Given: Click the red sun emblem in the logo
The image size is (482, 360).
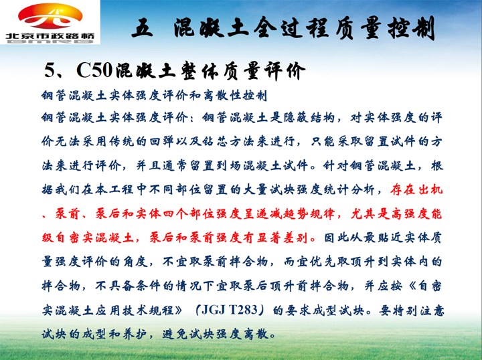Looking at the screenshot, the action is click(x=50, y=16).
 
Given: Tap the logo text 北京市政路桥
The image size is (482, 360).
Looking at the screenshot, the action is click(x=50, y=36).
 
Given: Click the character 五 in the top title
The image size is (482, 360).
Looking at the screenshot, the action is click(x=142, y=27).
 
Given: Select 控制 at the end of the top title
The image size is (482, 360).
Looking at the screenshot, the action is click(x=412, y=28).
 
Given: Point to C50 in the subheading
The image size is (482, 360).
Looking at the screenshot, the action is click(x=94, y=70).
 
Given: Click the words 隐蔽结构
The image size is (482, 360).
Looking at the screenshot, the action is click(x=309, y=117).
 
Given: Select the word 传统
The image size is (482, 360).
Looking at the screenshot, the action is click(x=123, y=141).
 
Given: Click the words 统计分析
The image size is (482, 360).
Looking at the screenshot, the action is click(x=348, y=189).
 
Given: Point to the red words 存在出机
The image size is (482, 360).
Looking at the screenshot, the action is click(x=416, y=189).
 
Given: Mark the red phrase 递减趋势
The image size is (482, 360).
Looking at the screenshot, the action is click(x=282, y=213).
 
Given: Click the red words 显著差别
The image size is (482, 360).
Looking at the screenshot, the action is click(x=282, y=238).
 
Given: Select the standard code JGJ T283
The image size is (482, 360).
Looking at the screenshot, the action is click(x=230, y=310).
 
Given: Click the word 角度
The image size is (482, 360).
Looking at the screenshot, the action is click(x=135, y=262).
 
